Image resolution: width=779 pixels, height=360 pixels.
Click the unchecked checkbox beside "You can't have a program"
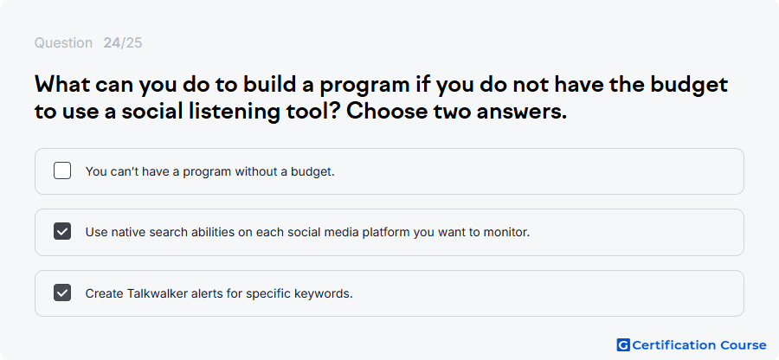[62, 170]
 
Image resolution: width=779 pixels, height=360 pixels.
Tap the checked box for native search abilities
[62, 231]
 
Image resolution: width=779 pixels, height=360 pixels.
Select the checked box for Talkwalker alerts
[62, 292]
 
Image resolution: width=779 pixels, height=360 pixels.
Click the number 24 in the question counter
[112, 43]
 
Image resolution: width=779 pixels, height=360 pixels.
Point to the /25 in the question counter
[132, 43]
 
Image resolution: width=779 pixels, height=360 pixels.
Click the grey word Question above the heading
[63, 43]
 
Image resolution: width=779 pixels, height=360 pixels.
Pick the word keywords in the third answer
[329, 293]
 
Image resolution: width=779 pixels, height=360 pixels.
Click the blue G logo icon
[623, 344]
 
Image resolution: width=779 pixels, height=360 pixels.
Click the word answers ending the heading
[522, 112]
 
